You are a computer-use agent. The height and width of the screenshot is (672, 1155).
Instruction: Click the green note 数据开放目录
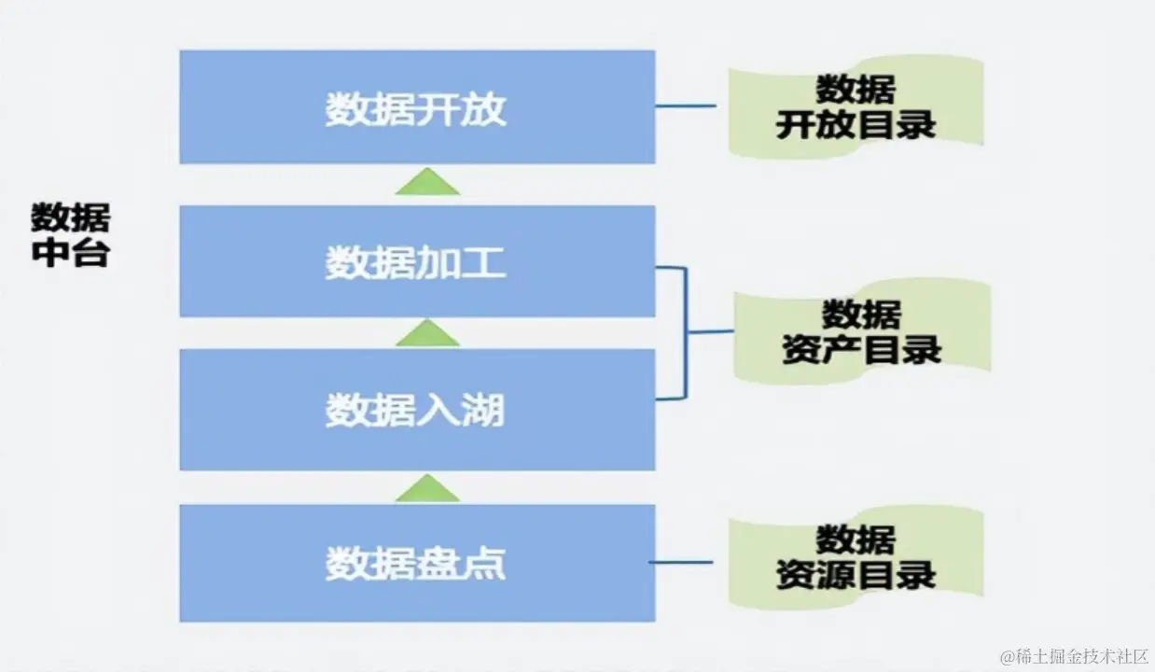click(856, 108)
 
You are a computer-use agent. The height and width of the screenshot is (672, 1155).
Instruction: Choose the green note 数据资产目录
click(861, 331)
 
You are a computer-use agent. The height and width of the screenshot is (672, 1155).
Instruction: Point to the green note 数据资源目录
click(856, 557)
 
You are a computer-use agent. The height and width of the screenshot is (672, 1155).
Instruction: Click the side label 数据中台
click(70, 235)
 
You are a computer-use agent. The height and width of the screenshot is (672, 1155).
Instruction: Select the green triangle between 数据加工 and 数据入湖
click(427, 334)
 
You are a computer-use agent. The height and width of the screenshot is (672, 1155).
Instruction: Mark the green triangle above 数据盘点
click(427, 489)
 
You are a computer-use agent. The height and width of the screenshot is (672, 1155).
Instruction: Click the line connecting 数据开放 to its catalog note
click(686, 105)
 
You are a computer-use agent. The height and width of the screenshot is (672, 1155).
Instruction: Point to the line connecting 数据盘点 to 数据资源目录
click(681, 562)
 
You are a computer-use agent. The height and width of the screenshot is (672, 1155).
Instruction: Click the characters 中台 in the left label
click(70, 253)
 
